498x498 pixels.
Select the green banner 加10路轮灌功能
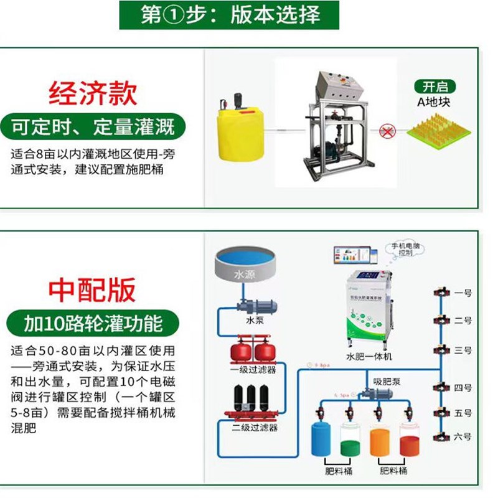[x=93, y=324]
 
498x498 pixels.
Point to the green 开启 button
[x=435, y=87]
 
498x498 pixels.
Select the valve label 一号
[x=463, y=292]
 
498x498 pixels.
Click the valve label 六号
[x=463, y=438]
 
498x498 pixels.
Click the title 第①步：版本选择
[x=231, y=16]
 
